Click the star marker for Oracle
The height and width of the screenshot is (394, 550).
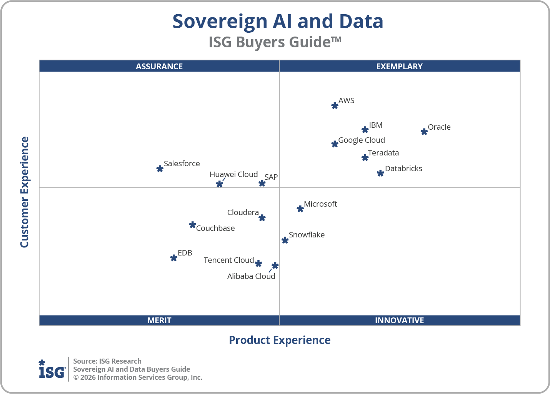[424, 132]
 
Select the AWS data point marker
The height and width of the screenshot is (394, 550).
[335, 105]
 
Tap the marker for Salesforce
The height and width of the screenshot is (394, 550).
[160, 169]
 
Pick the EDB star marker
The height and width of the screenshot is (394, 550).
[173, 258]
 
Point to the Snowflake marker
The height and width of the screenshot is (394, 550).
[285, 240]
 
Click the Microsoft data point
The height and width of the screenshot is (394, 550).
[300, 209]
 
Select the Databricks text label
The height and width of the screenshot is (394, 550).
[403, 169]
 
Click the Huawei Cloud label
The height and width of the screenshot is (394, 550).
[233, 174]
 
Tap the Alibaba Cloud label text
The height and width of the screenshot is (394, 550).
[251, 276]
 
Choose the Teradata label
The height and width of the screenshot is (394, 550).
[383, 153]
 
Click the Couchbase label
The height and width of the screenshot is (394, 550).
[215, 228]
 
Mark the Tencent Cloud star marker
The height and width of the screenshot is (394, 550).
[258, 264]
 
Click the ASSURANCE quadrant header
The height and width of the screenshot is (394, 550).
[159, 66]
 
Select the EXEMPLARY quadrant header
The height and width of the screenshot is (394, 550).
[399, 66]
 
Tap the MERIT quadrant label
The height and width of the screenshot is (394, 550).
[159, 320]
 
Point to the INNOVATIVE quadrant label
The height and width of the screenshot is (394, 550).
[399, 320]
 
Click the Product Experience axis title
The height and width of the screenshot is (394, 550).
[280, 340]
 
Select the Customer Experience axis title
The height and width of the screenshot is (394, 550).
[25, 192]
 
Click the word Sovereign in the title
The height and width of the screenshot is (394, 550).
[220, 22]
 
